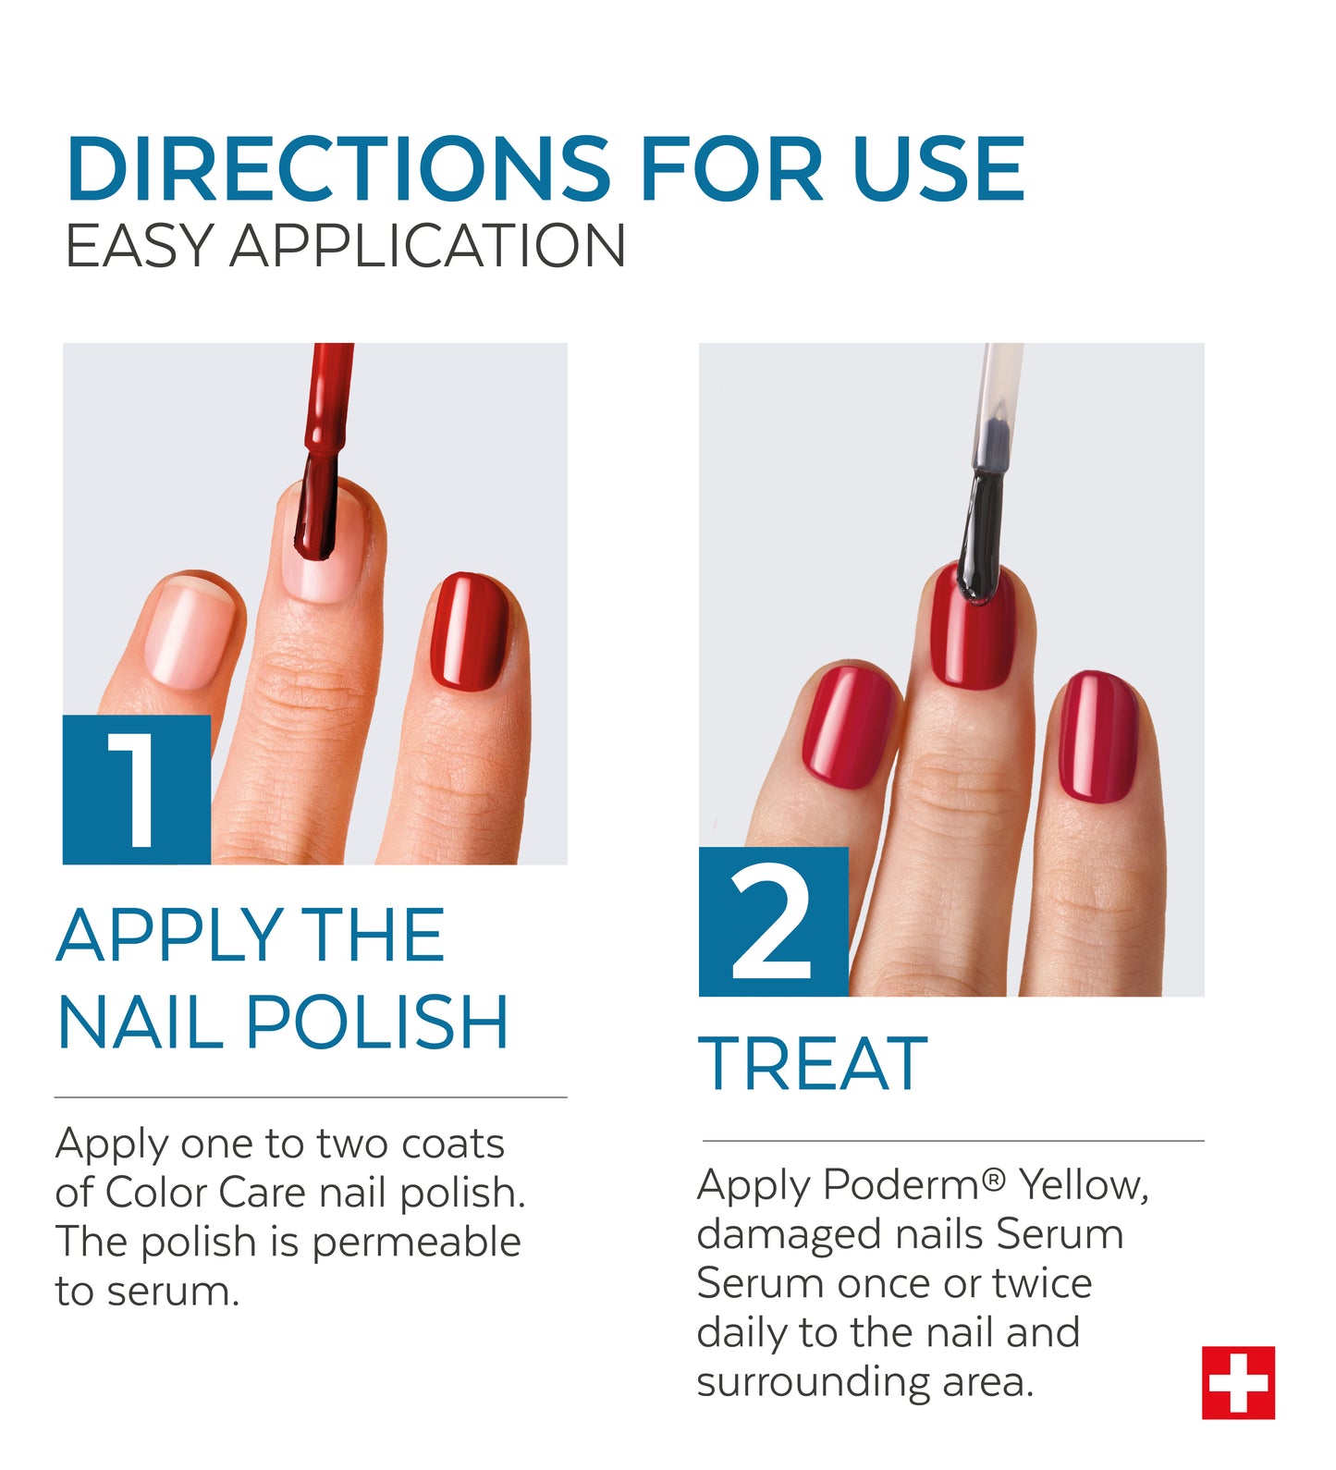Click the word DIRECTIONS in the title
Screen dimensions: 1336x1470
pyautogui.click(x=338, y=168)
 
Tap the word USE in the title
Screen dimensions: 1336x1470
pyautogui.click(x=938, y=168)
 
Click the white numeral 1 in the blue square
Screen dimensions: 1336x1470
pyautogui.click(x=137, y=790)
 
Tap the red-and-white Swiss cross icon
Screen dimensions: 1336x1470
pyautogui.click(x=1238, y=1382)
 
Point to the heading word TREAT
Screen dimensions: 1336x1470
pyautogui.click(x=813, y=1064)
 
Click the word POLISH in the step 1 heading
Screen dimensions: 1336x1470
pyautogui.click(x=376, y=1022)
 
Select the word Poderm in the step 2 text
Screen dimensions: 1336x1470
pyautogui.click(x=900, y=1184)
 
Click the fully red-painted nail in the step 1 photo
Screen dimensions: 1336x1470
pyautogui.click(x=470, y=631)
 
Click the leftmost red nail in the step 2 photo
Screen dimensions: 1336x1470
pyautogui.click(x=849, y=726)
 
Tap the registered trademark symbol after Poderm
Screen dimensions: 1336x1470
pyautogui.click(x=993, y=1178)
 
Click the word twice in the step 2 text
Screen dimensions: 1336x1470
pyautogui.click(x=1042, y=1283)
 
